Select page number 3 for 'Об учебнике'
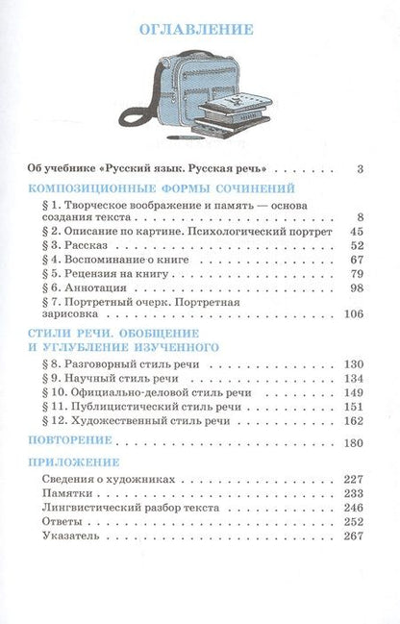pyautogui.click(x=358, y=169)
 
